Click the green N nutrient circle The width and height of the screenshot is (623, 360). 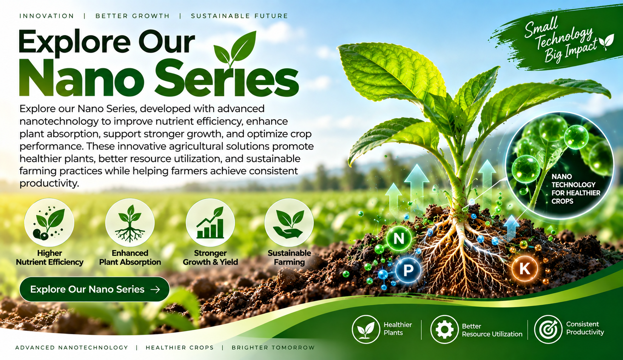point(399,238)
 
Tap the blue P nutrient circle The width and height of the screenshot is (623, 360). point(408,270)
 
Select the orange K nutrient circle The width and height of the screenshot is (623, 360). point(524,269)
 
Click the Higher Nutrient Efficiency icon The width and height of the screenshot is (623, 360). point(49,222)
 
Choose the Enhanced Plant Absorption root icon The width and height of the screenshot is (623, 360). point(130,222)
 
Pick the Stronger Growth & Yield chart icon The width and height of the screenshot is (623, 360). point(210,222)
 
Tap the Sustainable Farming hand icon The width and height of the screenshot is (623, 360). point(289,222)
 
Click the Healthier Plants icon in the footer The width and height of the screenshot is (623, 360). point(366,329)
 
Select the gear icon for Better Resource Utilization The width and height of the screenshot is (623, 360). point(444,329)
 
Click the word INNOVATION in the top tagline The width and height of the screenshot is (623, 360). point(47,16)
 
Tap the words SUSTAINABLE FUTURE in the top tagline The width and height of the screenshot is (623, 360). point(239,16)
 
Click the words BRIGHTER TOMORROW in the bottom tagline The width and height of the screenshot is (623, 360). point(273,348)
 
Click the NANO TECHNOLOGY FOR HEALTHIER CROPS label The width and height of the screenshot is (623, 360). point(576,188)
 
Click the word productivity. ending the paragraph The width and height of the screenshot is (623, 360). point(49,184)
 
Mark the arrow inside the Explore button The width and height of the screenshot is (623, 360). point(155,289)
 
